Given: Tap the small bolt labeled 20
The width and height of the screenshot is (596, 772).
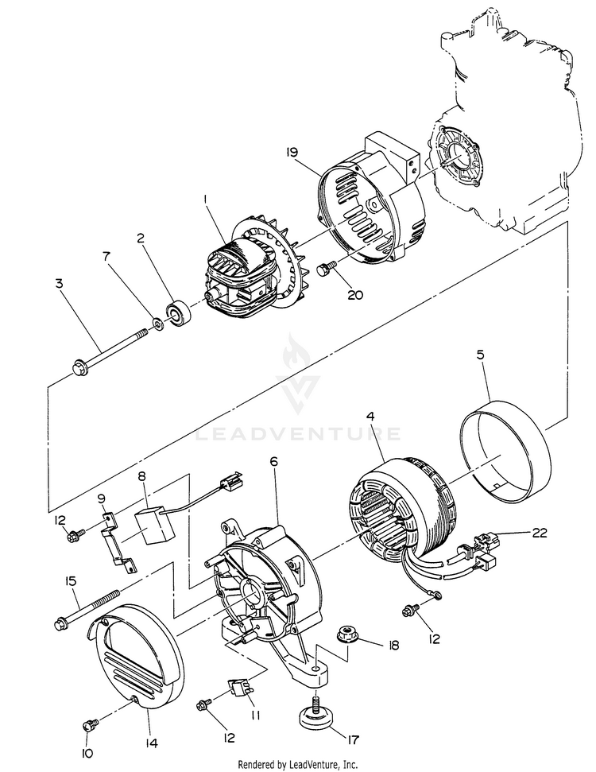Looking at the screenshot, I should (x=323, y=271).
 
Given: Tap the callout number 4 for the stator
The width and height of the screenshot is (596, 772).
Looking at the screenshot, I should (x=370, y=417).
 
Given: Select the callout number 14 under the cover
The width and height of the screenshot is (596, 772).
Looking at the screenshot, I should (x=152, y=744).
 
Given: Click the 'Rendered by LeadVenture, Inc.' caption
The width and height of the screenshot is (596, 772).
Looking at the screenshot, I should (x=297, y=764).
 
